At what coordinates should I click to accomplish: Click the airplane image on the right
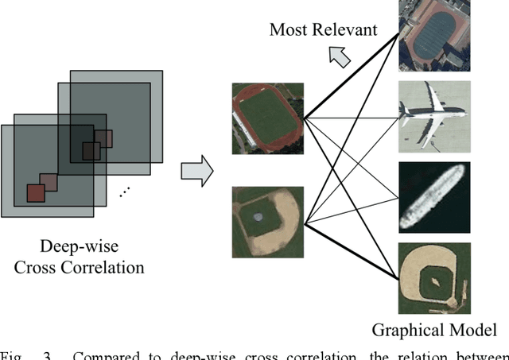433,116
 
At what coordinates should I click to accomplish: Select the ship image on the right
433,197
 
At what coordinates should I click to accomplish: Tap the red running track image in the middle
267,118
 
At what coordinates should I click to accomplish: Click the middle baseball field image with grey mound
267,221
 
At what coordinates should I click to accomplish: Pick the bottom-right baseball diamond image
433,278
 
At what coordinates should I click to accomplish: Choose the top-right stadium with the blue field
433,36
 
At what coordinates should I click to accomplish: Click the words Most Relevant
322,29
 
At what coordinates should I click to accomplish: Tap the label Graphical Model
434,330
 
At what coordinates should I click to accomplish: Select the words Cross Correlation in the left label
80,267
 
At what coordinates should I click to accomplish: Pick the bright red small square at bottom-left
36,193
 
